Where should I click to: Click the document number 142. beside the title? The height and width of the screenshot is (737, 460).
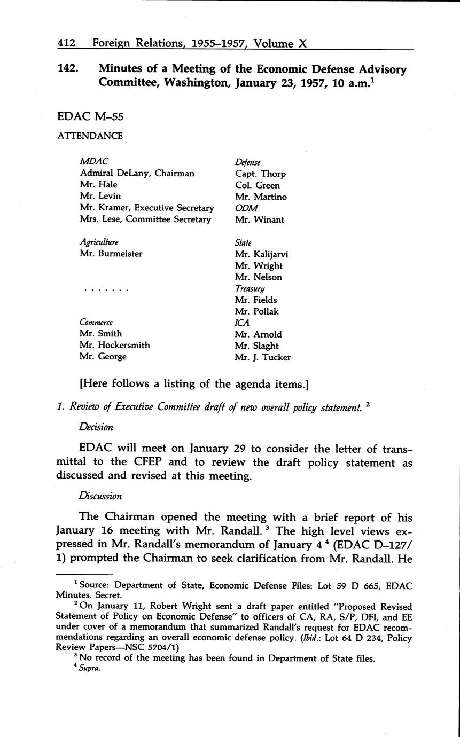click(x=69, y=69)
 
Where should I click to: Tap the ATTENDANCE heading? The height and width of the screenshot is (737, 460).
click(x=90, y=136)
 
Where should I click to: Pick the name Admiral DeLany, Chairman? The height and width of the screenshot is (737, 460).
click(x=137, y=173)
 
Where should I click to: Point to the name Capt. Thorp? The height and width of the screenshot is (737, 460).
click(x=260, y=174)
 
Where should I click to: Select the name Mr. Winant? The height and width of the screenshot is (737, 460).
click(x=260, y=219)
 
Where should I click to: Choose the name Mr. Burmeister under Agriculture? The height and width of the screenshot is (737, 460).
click(x=111, y=254)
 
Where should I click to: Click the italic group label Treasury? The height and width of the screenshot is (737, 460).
click(x=250, y=288)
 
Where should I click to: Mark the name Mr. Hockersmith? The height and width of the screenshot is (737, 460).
click(x=115, y=345)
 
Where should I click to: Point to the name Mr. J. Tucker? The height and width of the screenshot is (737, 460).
click(x=262, y=357)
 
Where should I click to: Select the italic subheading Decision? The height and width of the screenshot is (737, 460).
click(x=96, y=427)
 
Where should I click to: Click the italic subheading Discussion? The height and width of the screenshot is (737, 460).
click(x=100, y=496)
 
